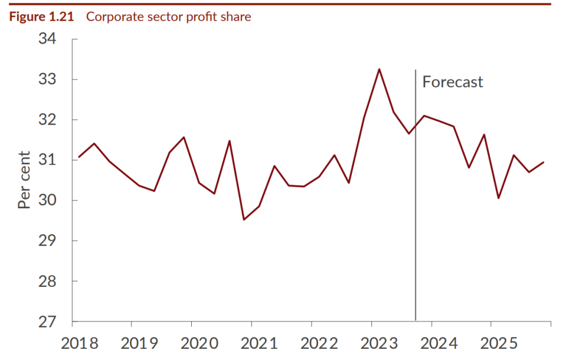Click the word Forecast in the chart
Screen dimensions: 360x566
point(453,82)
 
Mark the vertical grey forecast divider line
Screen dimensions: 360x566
point(415,236)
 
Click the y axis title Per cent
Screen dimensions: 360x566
point(24,180)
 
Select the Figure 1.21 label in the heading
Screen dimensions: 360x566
point(41,17)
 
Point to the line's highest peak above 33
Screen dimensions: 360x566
point(379,69)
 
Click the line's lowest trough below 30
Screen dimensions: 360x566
point(244,220)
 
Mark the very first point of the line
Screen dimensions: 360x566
point(78,157)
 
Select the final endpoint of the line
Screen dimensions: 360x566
point(544,162)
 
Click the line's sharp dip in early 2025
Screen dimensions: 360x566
point(499,198)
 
